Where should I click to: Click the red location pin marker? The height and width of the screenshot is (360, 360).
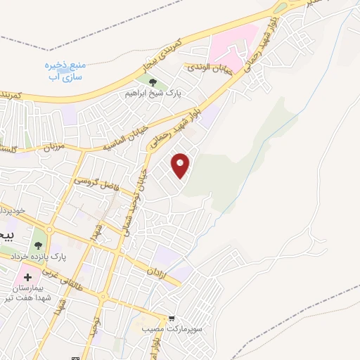[x=181, y=165]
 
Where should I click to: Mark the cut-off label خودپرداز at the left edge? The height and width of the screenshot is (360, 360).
[x=13, y=210]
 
